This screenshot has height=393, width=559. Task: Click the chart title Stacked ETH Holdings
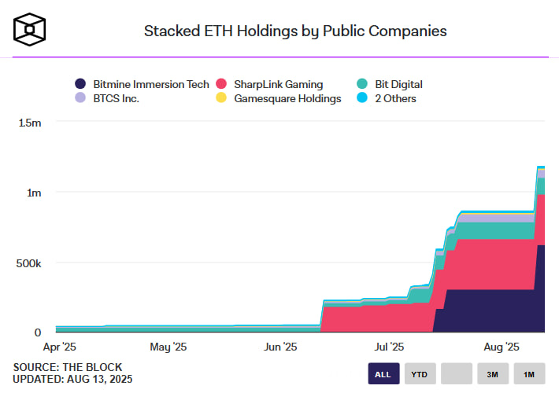[295, 31]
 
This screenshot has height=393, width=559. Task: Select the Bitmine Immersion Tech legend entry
[141, 84]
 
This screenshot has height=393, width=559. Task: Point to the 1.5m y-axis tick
[30, 123]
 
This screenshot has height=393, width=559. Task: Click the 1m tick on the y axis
[35, 193]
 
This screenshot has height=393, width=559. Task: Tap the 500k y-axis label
[29, 263]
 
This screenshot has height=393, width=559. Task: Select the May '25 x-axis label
[168, 347]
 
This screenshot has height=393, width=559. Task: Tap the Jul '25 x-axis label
[389, 347]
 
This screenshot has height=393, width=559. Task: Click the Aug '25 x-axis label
[502, 347]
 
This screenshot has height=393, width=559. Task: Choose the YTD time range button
[420, 374]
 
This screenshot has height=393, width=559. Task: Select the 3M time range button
[493, 374]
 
